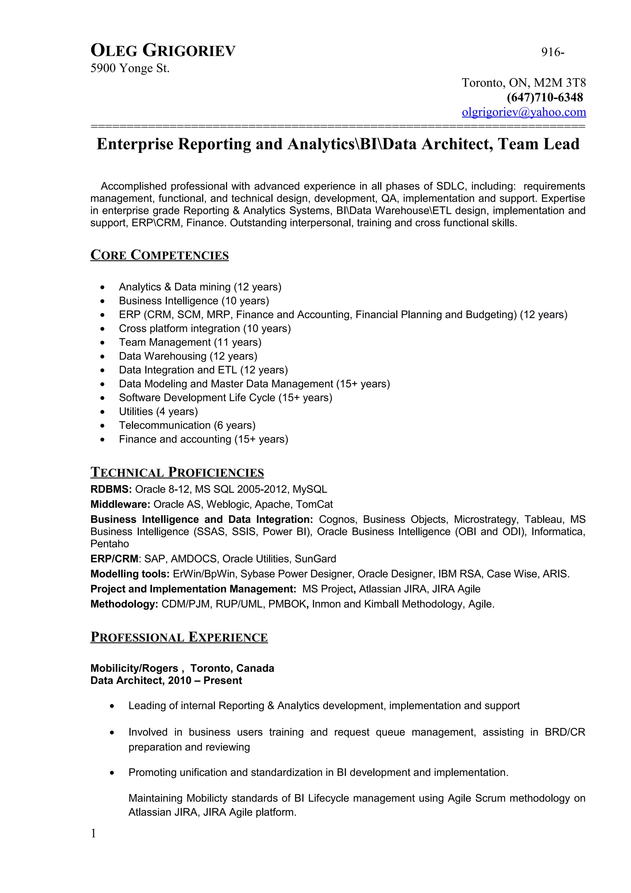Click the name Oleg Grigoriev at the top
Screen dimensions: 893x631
pos(163,51)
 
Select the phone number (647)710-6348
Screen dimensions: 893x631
pos(544,97)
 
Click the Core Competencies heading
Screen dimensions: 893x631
pos(159,255)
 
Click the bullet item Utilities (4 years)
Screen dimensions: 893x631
pos(158,411)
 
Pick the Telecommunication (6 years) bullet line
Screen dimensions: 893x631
pos(187,425)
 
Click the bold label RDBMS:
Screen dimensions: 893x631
pos(111,489)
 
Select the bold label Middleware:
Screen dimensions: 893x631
pos(120,504)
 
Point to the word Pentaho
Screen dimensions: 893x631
pos(110,544)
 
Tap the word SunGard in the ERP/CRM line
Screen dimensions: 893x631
pos(315,559)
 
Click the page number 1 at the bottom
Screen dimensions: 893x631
pos(93,834)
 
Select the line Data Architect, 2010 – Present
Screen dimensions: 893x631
pos(166,680)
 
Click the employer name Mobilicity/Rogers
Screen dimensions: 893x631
pos(134,668)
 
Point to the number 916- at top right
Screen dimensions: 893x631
pos(552,52)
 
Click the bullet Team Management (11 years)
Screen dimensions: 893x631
pos(190,342)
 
